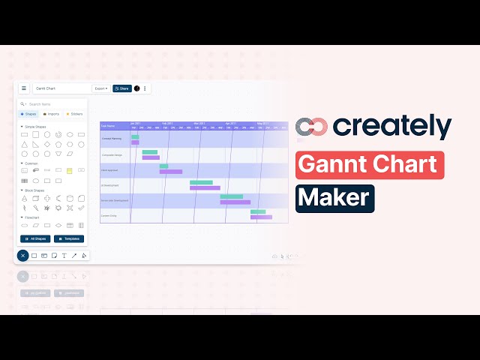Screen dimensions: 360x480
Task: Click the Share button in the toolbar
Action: click(x=121, y=88)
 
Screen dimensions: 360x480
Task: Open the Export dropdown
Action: click(x=101, y=88)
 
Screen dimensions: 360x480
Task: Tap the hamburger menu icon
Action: click(x=24, y=88)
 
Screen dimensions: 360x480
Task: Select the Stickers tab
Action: click(x=74, y=114)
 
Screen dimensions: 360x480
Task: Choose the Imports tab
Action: click(x=52, y=114)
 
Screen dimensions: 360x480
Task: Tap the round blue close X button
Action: click(x=23, y=256)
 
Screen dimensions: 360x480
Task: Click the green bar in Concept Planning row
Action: click(x=135, y=136)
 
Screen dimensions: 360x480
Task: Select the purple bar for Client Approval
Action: click(x=170, y=172)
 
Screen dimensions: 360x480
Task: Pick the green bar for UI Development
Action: click(x=201, y=182)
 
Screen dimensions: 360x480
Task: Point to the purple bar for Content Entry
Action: click(x=262, y=217)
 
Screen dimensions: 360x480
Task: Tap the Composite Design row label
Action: click(x=112, y=155)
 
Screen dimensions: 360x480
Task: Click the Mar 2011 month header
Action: click(x=199, y=123)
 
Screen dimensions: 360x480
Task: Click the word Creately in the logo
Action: click(x=392, y=126)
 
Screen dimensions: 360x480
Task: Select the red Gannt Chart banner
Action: click(x=370, y=164)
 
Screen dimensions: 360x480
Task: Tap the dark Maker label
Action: click(x=334, y=198)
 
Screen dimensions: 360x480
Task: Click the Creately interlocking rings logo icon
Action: click(x=310, y=127)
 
